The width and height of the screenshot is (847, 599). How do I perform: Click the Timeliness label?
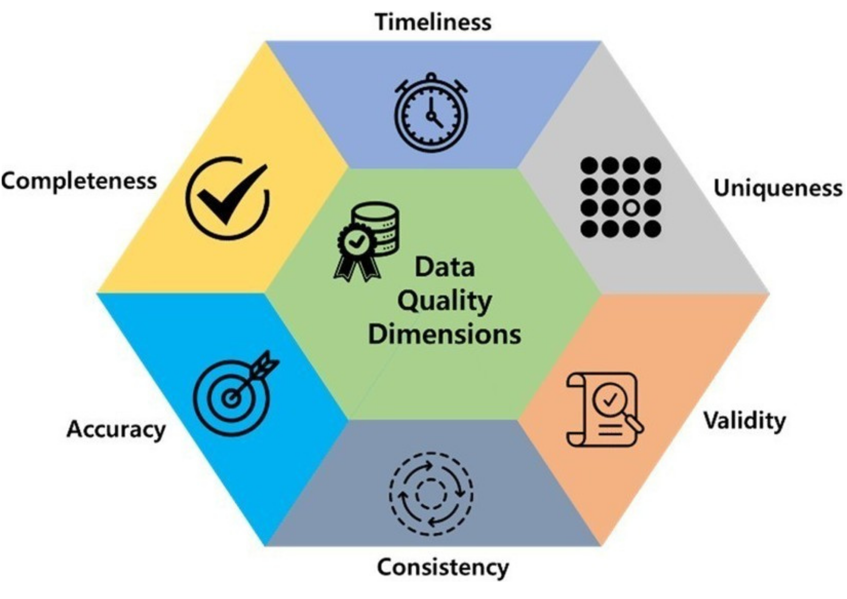[x=433, y=22]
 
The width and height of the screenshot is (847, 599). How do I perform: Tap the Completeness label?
[x=79, y=182]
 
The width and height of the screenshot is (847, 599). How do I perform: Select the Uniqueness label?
[x=778, y=188]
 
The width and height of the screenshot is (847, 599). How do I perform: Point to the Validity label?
[x=744, y=421]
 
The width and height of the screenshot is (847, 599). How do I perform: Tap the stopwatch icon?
[x=431, y=112]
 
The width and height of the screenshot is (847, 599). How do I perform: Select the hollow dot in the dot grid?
[x=631, y=208]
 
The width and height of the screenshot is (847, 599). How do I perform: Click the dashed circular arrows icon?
[x=431, y=494]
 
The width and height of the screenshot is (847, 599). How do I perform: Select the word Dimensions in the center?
[x=444, y=334]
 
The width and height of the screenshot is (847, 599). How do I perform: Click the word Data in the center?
[x=445, y=267]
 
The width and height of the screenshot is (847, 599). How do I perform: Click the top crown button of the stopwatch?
[x=431, y=77]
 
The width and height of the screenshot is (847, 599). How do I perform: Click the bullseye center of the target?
[x=231, y=398]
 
